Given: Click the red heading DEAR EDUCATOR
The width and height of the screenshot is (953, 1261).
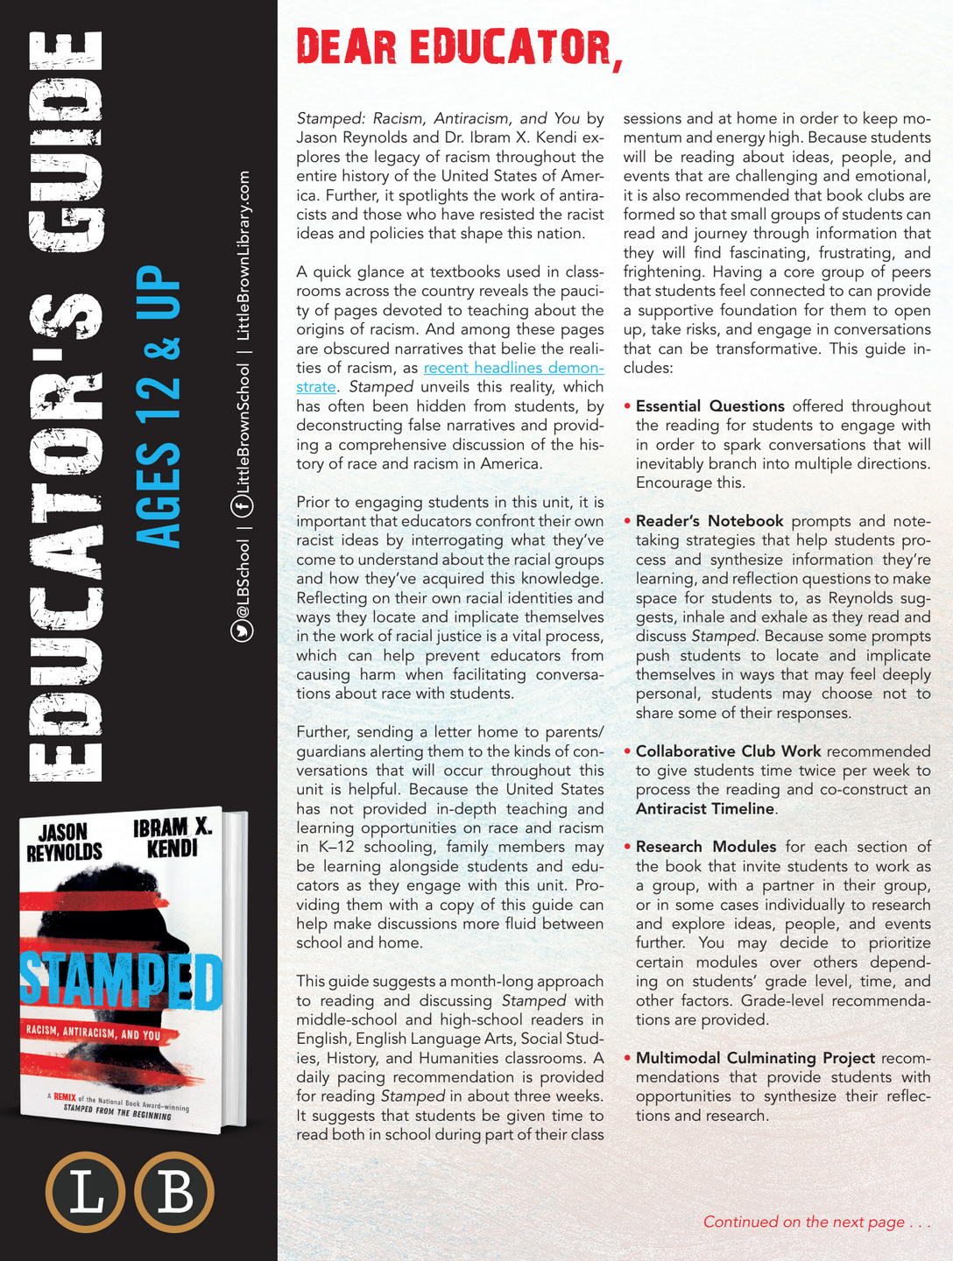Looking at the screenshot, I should click(x=459, y=47).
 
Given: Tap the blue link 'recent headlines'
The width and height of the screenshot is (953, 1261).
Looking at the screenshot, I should click(x=513, y=368).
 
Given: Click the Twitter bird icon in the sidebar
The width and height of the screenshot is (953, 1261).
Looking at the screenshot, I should click(x=242, y=630).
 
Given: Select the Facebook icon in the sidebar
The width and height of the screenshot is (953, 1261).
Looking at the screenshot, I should click(x=242, y=505).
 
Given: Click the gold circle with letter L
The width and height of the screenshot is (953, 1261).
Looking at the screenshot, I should click(x=86, y=1193).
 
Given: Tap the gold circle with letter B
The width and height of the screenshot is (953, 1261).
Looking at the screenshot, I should click(x=174, y=1193).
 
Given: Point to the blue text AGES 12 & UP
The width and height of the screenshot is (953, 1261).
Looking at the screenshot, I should click(x=160, y=407).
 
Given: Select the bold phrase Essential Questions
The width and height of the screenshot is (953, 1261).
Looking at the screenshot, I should click(x=709, y=406).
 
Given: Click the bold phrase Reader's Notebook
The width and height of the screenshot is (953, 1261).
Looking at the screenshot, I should click(x=709, y=521).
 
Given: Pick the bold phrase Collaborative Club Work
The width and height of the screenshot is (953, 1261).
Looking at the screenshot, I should click(x=728, y=751).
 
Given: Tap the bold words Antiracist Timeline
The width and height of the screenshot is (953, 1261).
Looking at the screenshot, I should click(x=705, y=809).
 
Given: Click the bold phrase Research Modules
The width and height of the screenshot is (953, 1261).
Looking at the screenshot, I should click(x=706, y=847).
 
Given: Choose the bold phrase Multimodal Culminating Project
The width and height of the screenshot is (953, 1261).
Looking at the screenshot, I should click(x=755, y=1058).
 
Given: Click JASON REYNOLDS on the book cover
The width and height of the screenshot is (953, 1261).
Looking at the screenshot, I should click(x=64, y=842).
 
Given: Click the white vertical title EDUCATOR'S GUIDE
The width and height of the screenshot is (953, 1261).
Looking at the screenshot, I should click(x=67, y=407).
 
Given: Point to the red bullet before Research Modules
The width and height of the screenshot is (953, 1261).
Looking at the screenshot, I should click(x=628, y=847).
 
